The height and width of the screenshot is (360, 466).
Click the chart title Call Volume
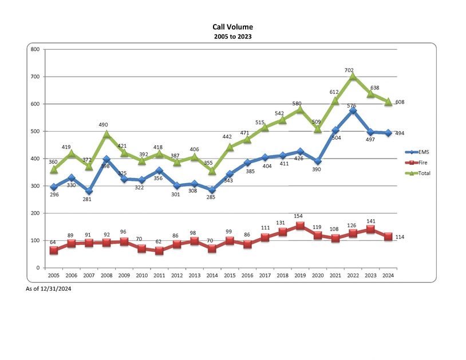tap(232, 27)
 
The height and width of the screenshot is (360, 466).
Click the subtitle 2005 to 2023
tap(232, 36)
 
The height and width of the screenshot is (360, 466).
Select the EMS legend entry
tap(422, 152)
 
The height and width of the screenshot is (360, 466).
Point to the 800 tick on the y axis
tap(35, 49)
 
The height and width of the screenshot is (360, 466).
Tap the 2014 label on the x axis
tap(212, 275)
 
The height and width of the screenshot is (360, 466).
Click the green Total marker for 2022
tap(353, 76)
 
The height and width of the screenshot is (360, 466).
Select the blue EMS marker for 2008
tap(106, 159)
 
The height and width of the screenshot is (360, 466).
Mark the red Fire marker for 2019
tap(300, 226)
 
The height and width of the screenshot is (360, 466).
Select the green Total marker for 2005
tap(53, 169)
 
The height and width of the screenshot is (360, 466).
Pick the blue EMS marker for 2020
tap(318, 161)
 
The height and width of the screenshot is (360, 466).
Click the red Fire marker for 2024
tap(388, 236)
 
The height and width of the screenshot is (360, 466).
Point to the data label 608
tap(400, 102)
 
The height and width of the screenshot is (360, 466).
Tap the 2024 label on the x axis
tap(388, 275)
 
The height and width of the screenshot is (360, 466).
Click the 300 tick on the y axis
tap(35, 186)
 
